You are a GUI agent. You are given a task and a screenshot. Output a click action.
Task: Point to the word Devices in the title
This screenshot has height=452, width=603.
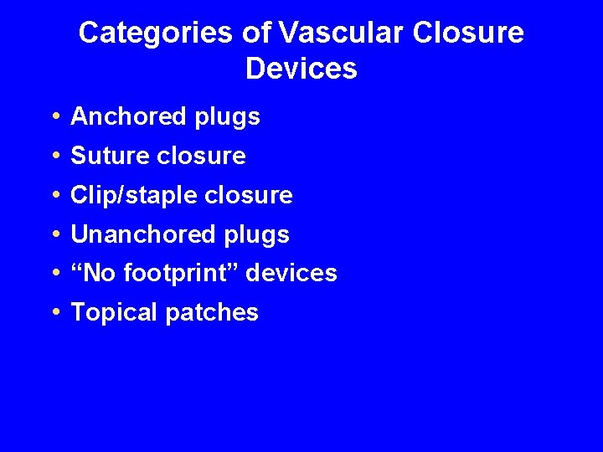pos(301,69)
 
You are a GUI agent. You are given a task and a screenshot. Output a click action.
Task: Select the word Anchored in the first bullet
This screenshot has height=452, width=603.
pos(127,117)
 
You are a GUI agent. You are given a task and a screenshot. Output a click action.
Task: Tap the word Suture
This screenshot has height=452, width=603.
pos(108,157)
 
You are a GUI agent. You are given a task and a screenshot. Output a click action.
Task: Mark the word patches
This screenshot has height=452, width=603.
pos(213,313)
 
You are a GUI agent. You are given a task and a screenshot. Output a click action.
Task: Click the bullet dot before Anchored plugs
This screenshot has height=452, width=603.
pos(54,118)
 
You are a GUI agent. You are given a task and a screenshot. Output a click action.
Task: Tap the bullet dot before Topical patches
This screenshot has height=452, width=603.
pos(54,313)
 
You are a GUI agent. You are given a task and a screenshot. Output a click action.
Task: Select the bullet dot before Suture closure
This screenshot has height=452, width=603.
pos(54,157)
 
